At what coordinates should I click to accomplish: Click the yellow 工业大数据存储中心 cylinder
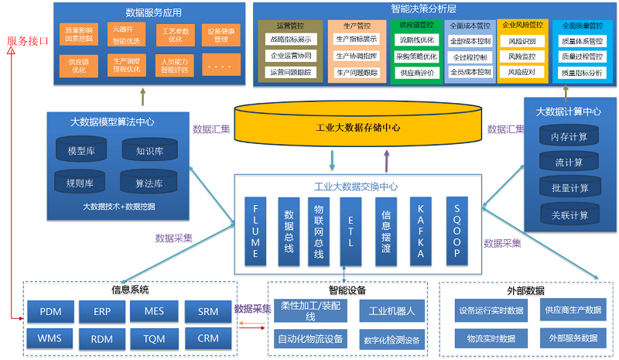coord(357,128)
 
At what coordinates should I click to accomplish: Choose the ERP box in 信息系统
coord(102,312)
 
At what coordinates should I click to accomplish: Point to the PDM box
coord(50,312)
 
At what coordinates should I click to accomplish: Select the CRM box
coord(207,338)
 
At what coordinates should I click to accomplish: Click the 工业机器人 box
coord(392,311)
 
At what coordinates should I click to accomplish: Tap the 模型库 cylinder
coord(81,151)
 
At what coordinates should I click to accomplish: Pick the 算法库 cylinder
coord(149,183)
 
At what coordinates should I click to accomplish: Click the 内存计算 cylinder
coord(569,137)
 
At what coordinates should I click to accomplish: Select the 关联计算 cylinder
coord(569,214)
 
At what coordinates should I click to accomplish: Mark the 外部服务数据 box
coord(573,338)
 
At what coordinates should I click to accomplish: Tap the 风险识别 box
coord(522,40)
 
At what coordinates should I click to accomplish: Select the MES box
coord(154,312)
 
